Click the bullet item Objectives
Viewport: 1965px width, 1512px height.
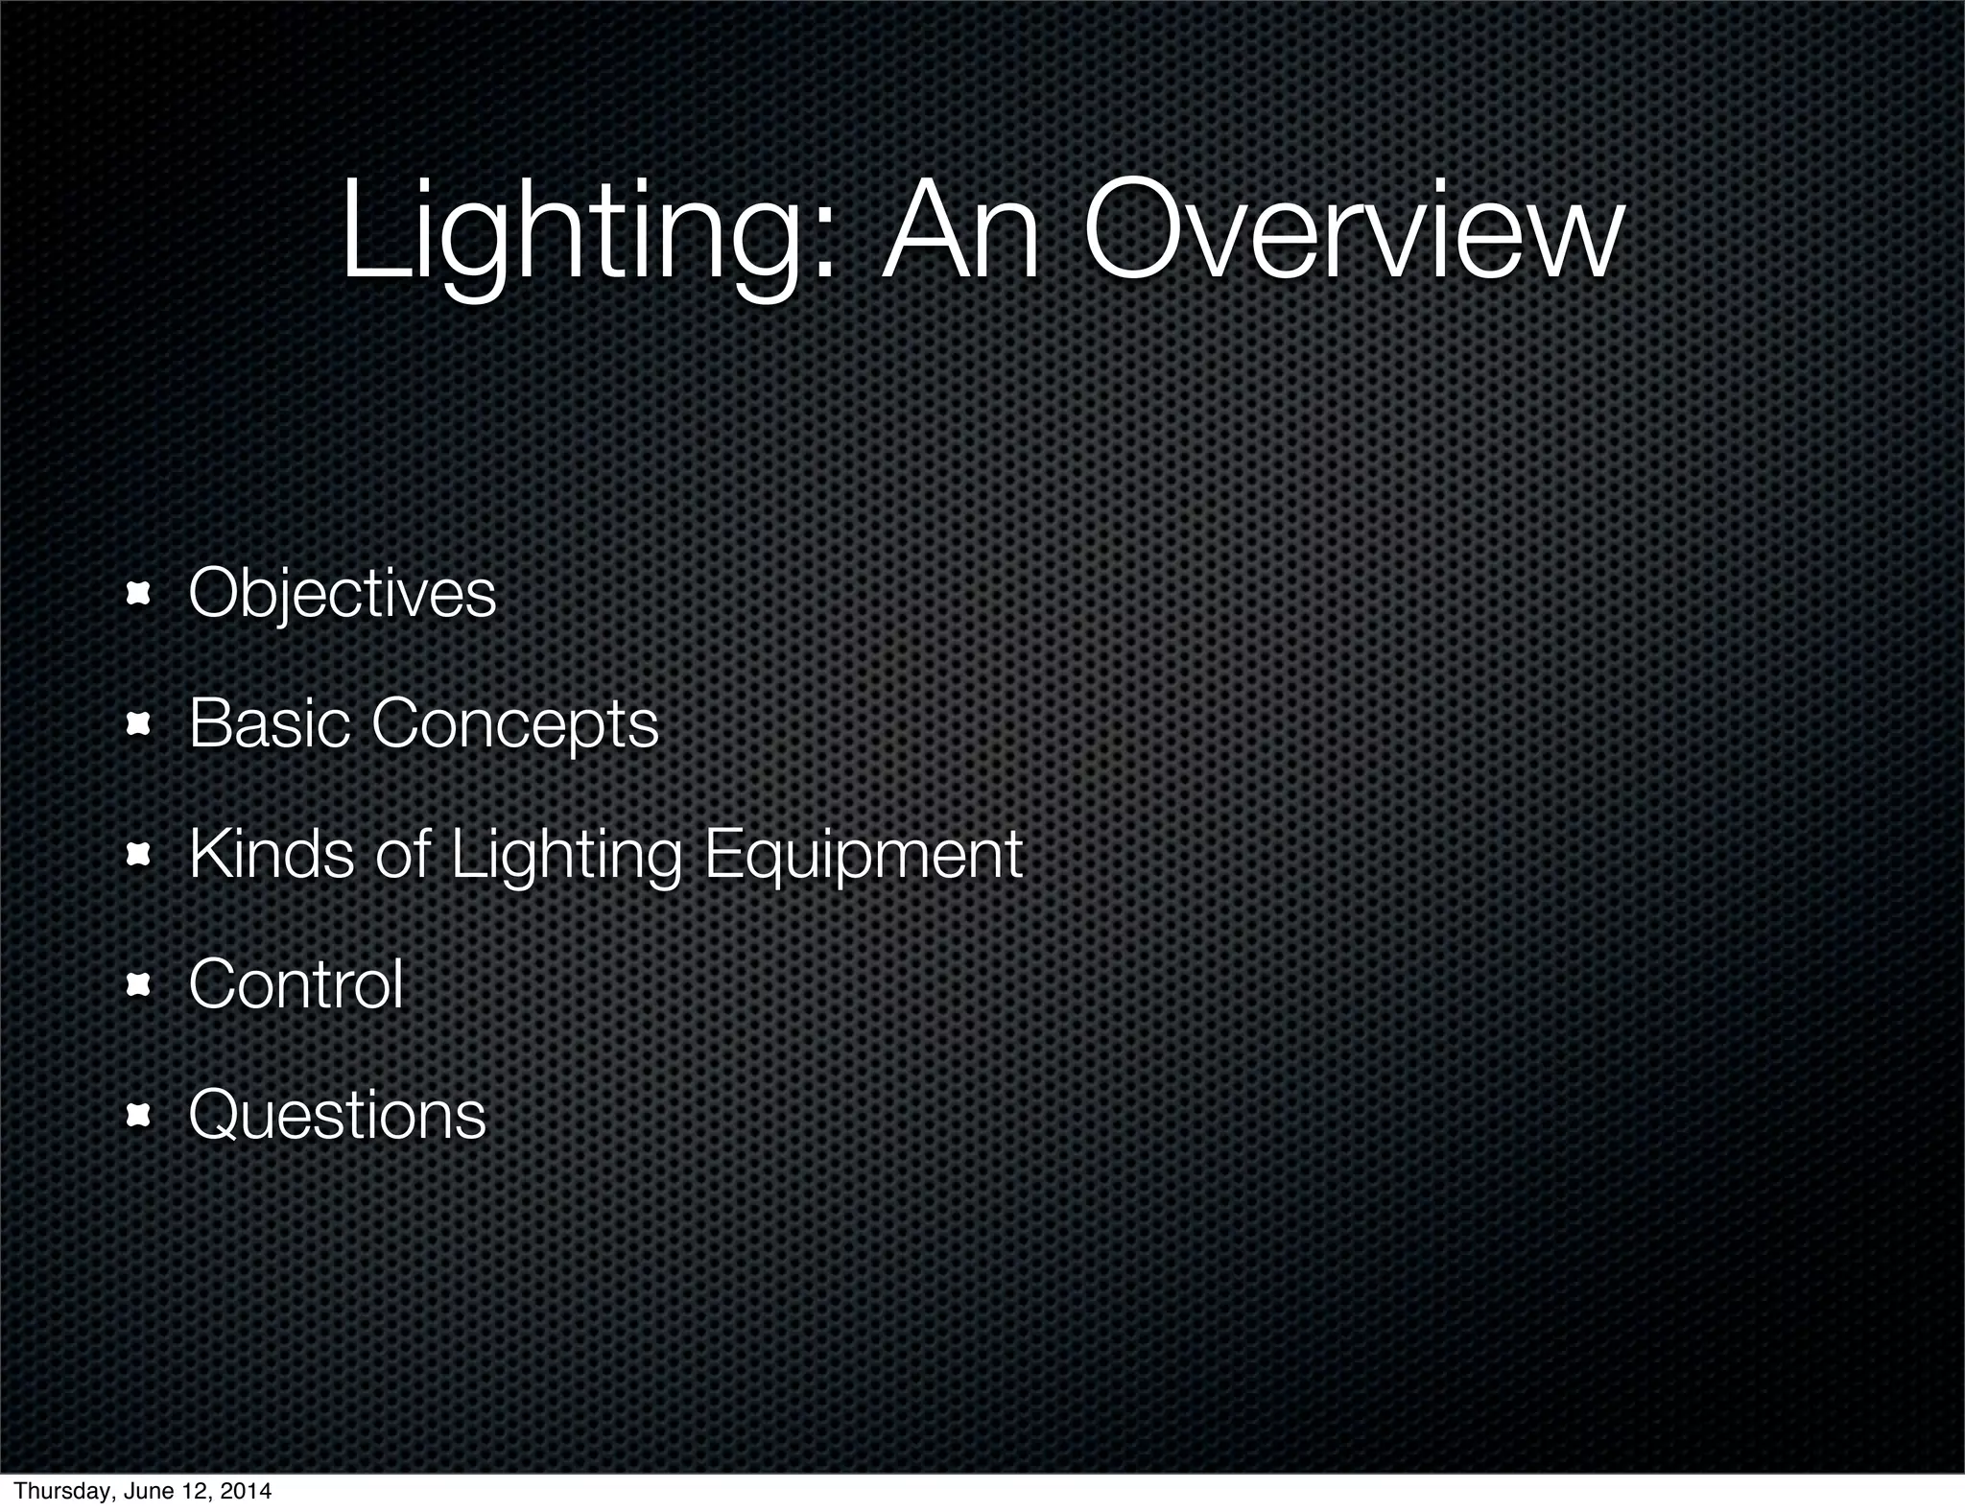pyautogui.click(x=342, y=594)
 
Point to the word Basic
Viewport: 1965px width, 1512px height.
pyautogui.click(x=270, y=723)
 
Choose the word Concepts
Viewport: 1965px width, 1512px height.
pyautogui.click(x=515, y=725)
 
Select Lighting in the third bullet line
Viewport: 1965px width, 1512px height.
pyautogui.click(x=566, y=855)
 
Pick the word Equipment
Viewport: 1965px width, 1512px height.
pyautogui.click(x=864, y=855)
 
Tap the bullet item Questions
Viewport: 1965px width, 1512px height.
pyautogui.click(x=337, y=1115)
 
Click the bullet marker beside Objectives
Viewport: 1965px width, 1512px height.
pyautogui.click(x=140, y=596)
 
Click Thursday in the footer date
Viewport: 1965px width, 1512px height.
pyautogui.click(x=52, y=1492)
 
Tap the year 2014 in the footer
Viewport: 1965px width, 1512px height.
pyautogui.click(x=246, y=1492)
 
